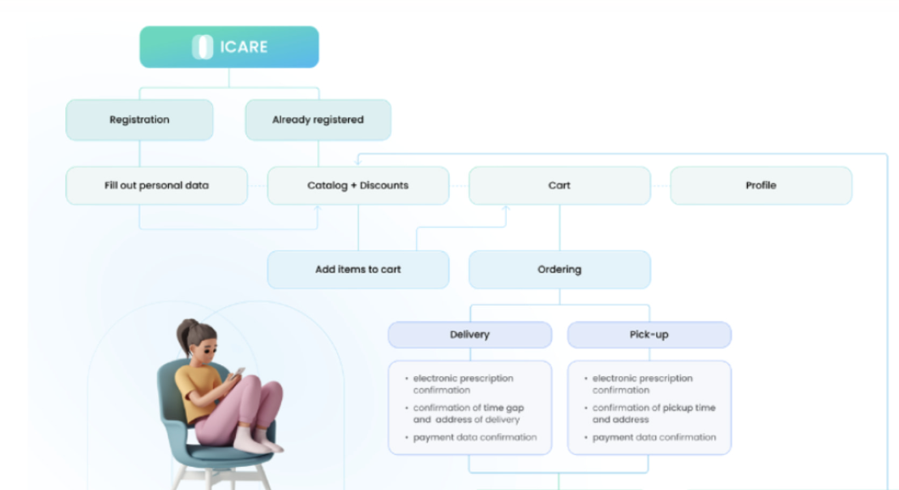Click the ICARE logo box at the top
[x=229, y=47]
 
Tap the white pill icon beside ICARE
[x=202, y=47]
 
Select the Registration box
[x=139, y=120]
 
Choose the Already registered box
[x=318, y=120]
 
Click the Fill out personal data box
[x=156, y=185]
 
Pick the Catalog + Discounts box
[x=358, y=185]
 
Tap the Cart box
[x=559, y=185]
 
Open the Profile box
[x=761, y=185]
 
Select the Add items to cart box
[x=358, y=270]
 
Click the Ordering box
[x=559, y=270]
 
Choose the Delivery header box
[x=470, y=335]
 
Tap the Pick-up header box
[x=649, y=335]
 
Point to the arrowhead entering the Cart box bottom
[x=506, y=208]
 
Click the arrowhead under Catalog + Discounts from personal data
[x=317, y=208]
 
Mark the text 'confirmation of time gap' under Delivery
[x=469, y=408]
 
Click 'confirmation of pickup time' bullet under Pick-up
[x=654, y=408]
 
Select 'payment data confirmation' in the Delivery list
[x=475, y=437]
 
